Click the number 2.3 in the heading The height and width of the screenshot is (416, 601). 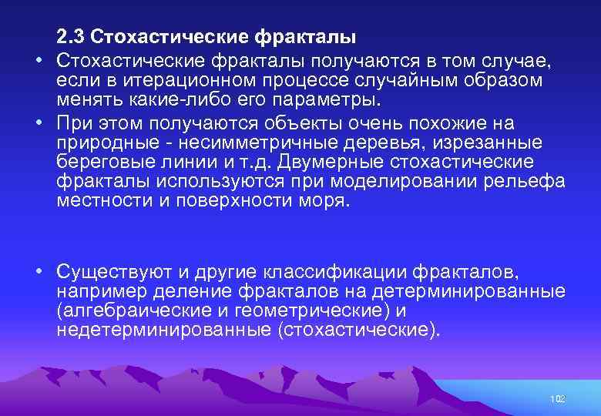[71, 37]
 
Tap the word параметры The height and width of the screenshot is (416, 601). [339, 100]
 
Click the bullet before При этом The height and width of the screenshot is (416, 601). [37, 124]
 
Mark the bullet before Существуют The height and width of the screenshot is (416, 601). [37, 273]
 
